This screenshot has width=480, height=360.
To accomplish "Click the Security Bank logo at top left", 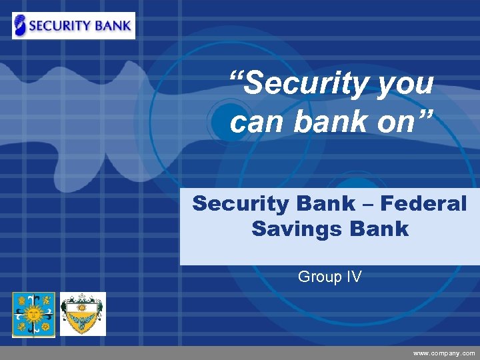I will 73,25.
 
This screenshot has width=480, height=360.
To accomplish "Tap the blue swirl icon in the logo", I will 21,25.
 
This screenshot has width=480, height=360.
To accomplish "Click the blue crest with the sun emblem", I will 33,314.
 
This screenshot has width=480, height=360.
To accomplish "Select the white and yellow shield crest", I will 83,314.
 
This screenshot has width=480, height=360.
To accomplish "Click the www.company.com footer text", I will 444,353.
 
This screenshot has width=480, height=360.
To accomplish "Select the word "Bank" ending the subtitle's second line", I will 377,229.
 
